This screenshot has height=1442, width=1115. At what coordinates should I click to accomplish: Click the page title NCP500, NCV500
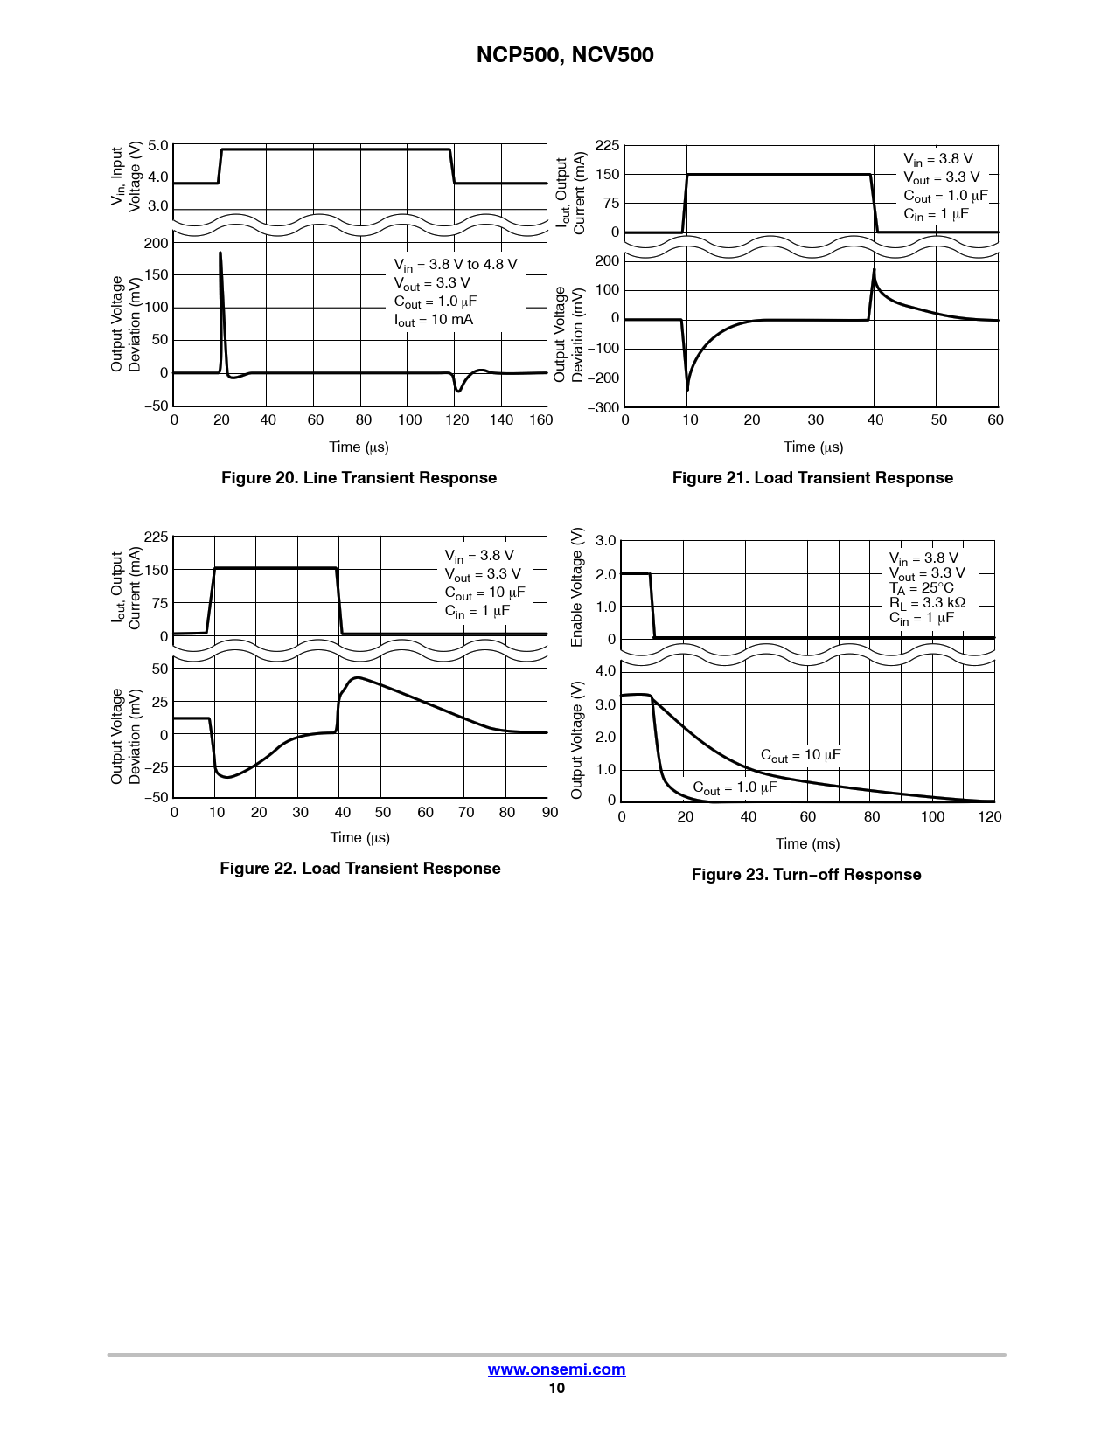pyautogui.click(x=565, y=55)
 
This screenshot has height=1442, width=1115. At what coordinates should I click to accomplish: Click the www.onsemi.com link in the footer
pyautogui.click(x=556, y=1369)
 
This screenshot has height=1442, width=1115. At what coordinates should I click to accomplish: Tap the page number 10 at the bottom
pyautogui.click(x=556, y=1388)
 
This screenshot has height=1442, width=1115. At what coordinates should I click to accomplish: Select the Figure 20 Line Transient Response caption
pyautogui.click(x=359, y=478)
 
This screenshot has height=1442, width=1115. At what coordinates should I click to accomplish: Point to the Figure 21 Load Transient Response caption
pyautogui.click(x=812, y=478)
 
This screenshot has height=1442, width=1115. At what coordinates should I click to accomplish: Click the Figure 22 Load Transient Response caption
pyautogui.click(x=359, y=869)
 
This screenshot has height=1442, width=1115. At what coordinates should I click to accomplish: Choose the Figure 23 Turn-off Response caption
pyautogui.click(x=805, y=875)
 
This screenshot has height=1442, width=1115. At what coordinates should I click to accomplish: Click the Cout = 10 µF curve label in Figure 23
pyautogui.click(x=800, y=755)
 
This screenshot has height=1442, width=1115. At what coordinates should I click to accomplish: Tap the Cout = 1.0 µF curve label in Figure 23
pyautogui.click(x=735, y=787)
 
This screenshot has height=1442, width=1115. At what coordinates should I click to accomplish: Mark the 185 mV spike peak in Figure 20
pyautogui.click(x=220, y=253)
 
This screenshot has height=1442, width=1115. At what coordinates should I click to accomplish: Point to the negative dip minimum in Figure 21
pyautogui.click(x=687, y=389)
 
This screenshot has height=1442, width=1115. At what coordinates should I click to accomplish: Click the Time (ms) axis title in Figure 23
pyautogui.click(x=807, y=843)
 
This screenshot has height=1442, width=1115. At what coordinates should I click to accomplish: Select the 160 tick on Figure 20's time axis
pyautogui.click(x=541, y=420)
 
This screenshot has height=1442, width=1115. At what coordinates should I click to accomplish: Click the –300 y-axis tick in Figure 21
pyautogui.click(x=603, y=407)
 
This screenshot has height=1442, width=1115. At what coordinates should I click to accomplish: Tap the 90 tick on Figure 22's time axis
pyautogui.click(x=549, y=812)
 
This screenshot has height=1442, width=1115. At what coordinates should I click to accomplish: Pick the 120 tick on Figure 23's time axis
pyautogui.click(x=990, y=816)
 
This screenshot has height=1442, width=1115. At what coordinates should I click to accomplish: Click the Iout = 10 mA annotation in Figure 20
pyautogui.click(x=434, y=320)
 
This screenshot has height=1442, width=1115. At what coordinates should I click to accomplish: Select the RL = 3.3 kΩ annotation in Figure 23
pyautogui.click(x=927, y=603)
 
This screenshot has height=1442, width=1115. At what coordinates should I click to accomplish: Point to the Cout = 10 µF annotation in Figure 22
pyautogui.click(x=484, y=593)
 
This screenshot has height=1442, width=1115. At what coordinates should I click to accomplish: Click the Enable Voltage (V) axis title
pyautogui.click(x=577, y=587)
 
